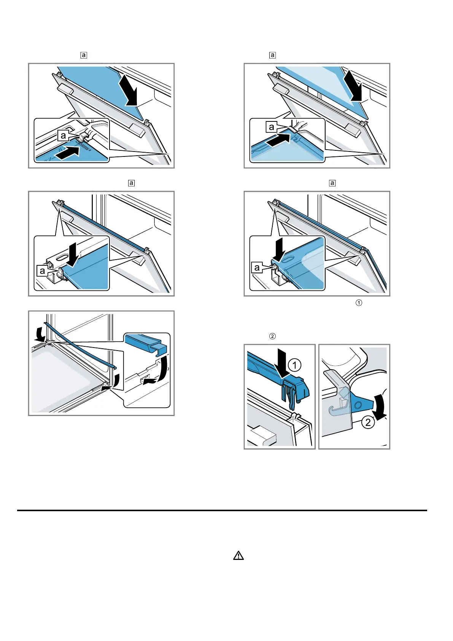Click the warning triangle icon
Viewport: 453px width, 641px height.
coord(238,556)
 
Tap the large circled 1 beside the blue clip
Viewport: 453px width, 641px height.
coord(294,365)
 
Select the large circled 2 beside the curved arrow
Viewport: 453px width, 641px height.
coord(368,422)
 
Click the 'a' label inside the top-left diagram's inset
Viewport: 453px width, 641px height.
coord(63,135)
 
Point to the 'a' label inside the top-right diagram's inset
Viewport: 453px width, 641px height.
coord(271,127)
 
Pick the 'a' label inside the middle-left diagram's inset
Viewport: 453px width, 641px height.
coord(42,271)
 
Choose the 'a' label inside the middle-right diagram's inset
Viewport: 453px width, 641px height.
coord(257,267)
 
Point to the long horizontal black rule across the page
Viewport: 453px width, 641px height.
coord(222,510)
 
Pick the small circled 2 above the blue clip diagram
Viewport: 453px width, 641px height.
coord(272,336)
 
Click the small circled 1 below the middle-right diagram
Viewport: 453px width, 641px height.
coord(358,303)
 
